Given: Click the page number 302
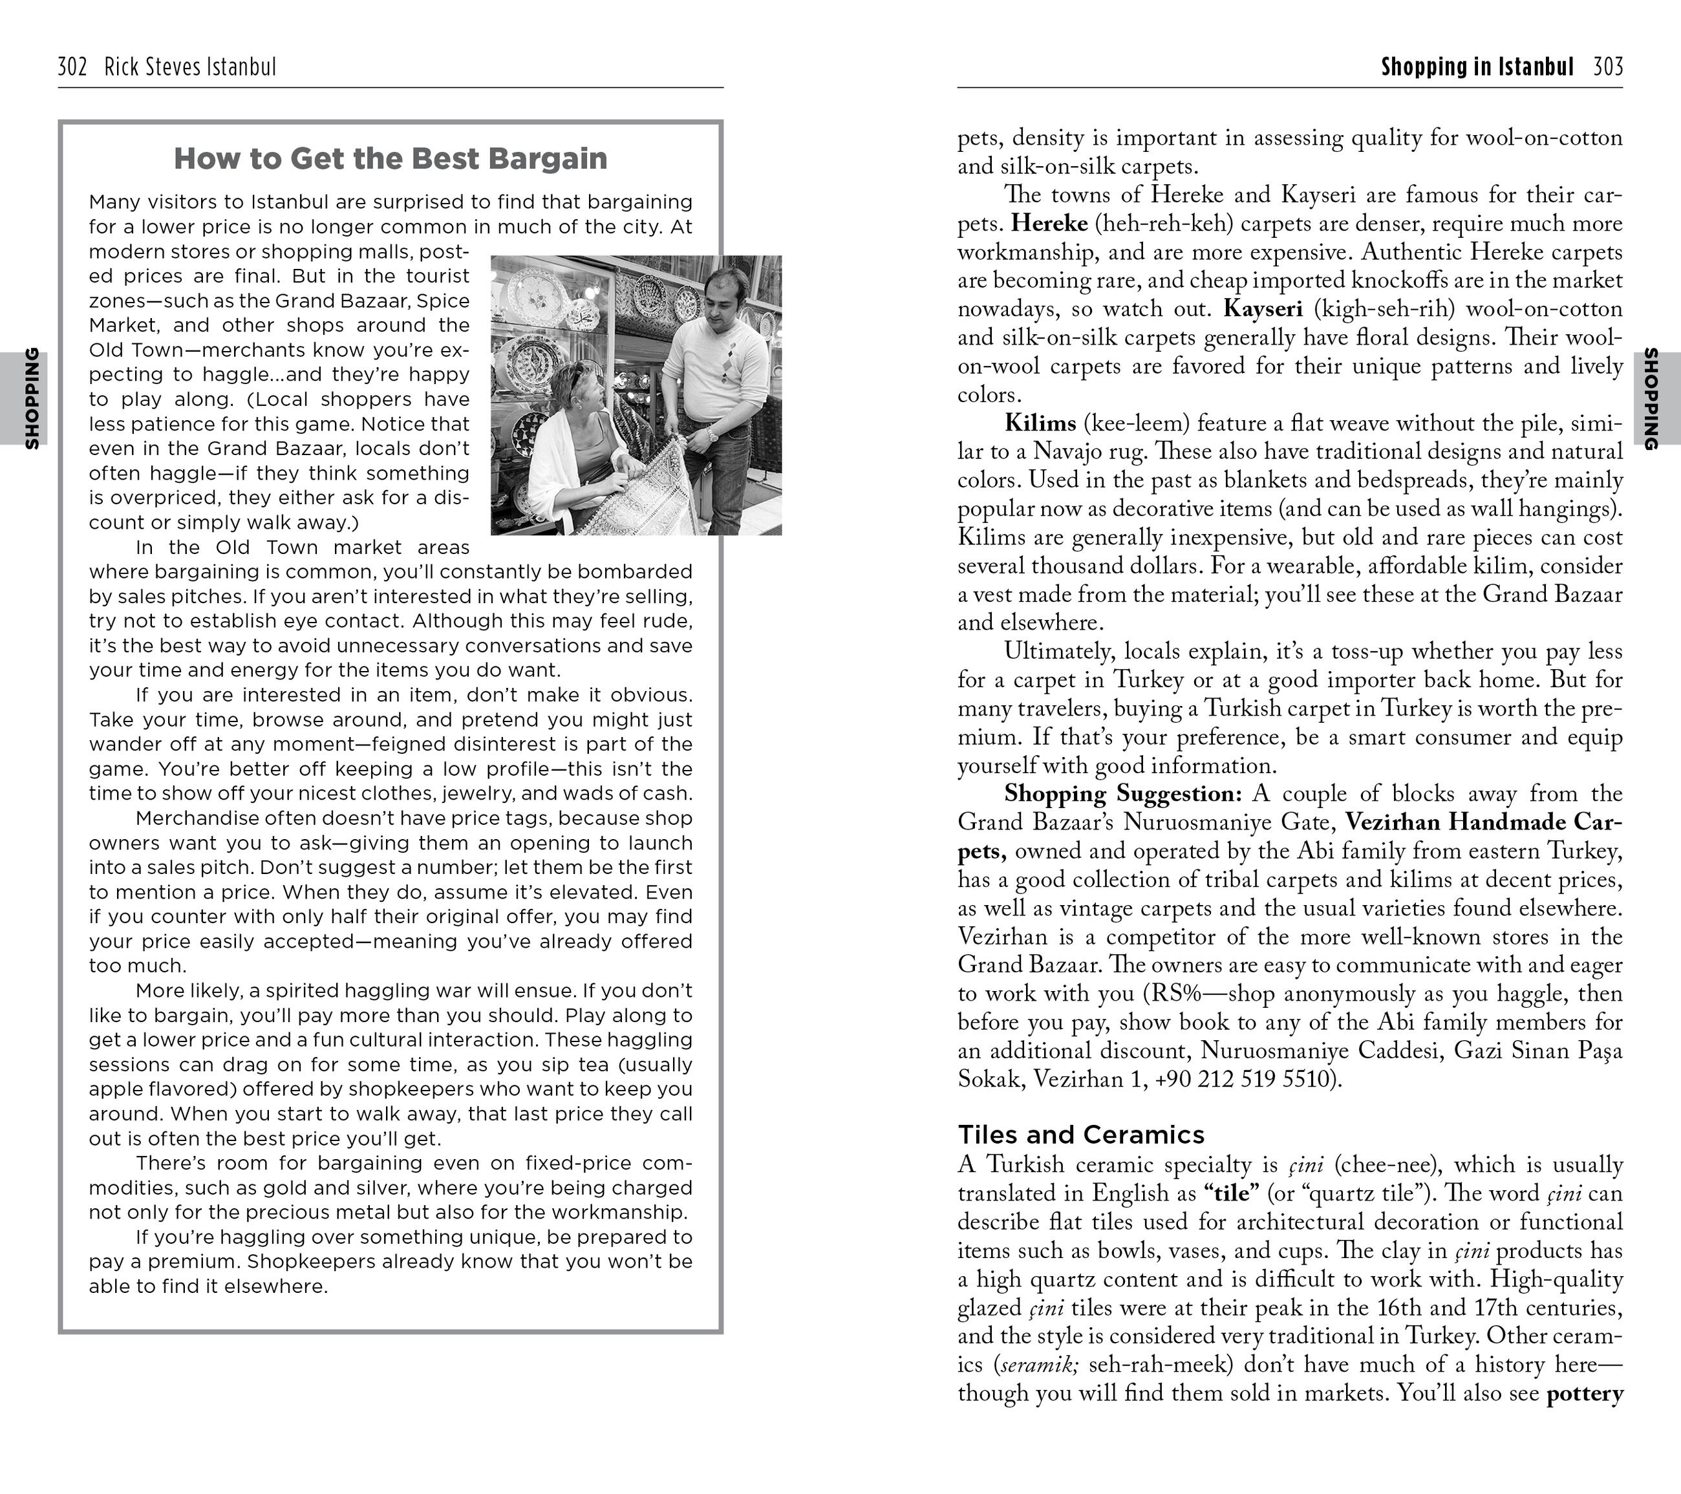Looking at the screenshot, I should (x=72, y=67).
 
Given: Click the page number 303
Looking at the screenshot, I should (x=1608, y=67).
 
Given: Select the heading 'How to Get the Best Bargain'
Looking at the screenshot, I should (x=390, y=158).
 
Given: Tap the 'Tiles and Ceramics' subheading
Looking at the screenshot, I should (x=1080, y=1135).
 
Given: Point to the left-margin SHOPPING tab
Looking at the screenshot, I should (x=31, y=398).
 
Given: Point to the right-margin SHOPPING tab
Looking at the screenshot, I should (x=1650, y=399).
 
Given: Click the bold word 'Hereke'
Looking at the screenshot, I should (x=1049, y=224).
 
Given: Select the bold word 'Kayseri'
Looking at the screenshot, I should (x=1263, y=309).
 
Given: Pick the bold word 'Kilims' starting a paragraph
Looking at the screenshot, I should (x=1040, y=423).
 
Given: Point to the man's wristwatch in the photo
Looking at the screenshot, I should (x=711, y=433).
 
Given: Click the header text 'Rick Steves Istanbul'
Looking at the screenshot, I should (x=190, y=67).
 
